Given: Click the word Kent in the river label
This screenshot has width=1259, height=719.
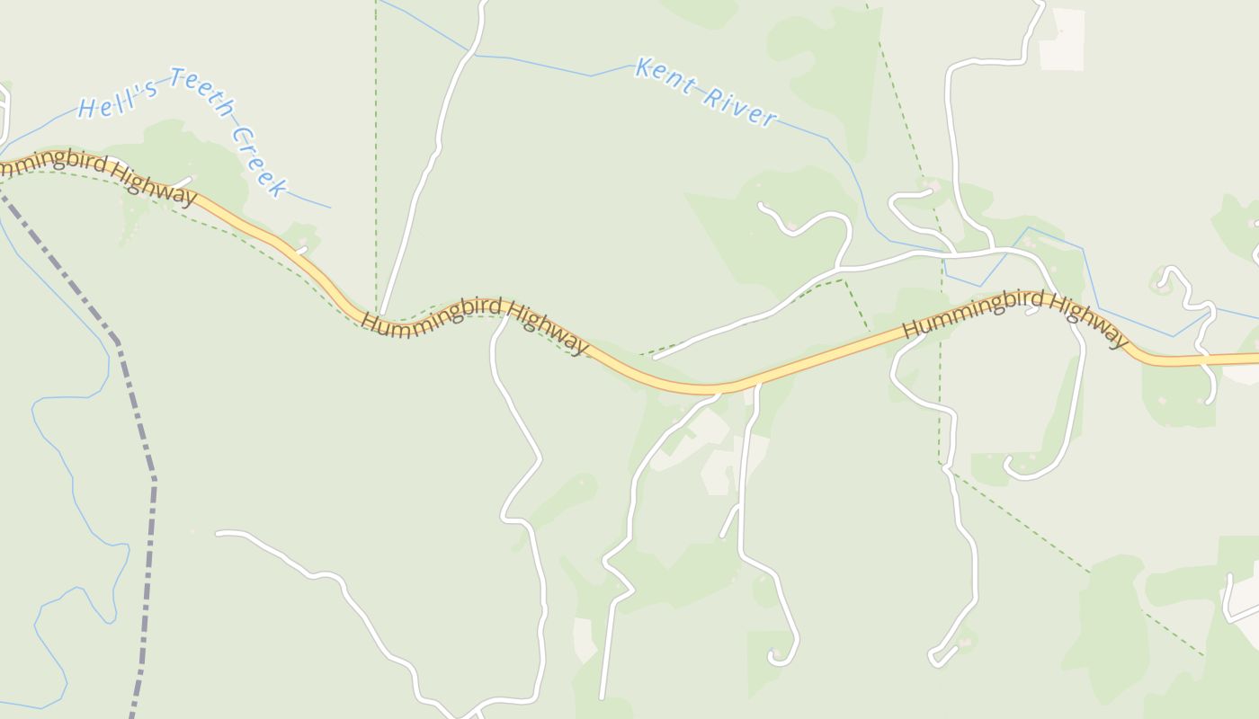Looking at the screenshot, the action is click(x=665, y=76).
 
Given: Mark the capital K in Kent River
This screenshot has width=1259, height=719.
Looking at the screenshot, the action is click(x=642, y=67).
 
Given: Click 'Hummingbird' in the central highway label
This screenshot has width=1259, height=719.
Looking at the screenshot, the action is click(x=432, y=314).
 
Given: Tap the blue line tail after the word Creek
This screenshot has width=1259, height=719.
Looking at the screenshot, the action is click(x=310, y=201).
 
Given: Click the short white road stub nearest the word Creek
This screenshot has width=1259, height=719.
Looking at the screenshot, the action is click(x=301, y=250).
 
